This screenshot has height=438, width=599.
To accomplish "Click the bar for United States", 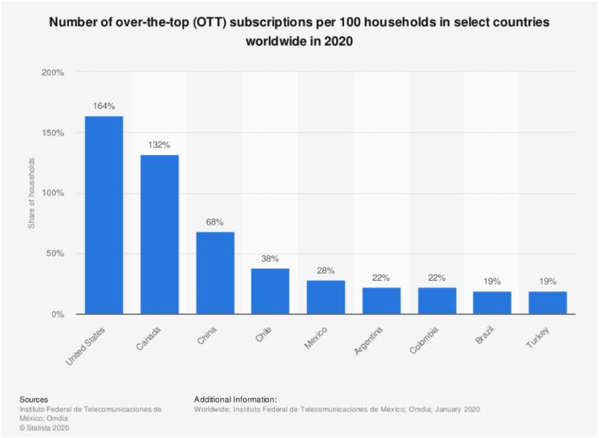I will pos(104,215).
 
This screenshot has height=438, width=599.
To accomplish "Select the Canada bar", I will pos(159,234).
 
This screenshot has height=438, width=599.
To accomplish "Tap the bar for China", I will pos(215,273).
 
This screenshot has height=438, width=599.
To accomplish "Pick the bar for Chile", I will pos(271,291).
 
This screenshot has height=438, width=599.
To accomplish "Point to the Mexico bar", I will pos(326,297).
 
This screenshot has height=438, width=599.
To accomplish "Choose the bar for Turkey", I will pos(548,302).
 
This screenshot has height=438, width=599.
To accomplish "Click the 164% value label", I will pos(104,106).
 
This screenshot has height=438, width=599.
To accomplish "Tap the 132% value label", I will pos(159,145).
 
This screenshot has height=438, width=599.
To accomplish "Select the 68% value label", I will pos(215,222).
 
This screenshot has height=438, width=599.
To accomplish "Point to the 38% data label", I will pos(271,258).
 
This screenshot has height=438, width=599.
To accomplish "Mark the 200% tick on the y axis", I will pos(53,73).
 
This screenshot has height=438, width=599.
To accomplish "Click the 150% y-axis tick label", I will pos(53,133).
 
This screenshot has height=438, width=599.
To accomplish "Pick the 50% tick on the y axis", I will pos(56,254).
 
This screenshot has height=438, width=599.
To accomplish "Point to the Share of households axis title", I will pos(32,193).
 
